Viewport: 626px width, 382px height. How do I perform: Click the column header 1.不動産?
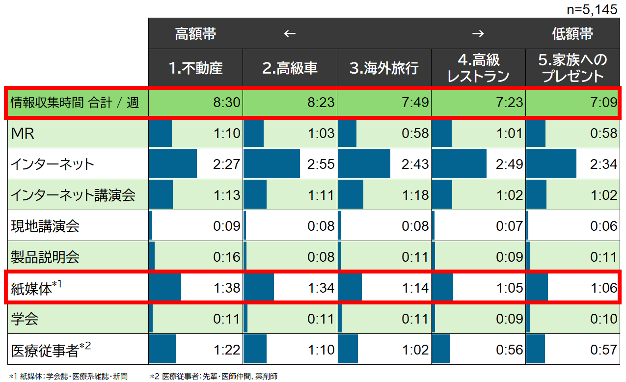coord(195,68)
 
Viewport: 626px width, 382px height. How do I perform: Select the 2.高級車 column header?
coord(290,68)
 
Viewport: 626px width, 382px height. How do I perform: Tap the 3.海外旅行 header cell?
coord(384,68)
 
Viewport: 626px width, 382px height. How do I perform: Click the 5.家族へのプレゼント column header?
coord(572,68)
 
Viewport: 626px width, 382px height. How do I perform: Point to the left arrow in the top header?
coord(290,33)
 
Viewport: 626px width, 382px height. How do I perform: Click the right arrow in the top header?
coord(478,33)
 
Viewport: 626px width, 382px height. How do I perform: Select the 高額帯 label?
coord(195,33)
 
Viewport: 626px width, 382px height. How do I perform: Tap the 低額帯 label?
coord(572,33)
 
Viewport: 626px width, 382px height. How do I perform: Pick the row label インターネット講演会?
coord(73,195)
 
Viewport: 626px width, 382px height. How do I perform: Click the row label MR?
coord(23,133)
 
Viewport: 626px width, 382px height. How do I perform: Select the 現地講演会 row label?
coord(45,226)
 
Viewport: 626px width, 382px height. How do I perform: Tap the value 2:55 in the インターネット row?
coord(321,164)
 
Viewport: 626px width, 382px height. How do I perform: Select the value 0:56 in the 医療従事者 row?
coord(510,350)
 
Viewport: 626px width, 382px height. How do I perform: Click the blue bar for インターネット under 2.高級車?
coord(272,164)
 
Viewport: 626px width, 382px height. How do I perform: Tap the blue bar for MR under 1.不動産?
coord(161,133)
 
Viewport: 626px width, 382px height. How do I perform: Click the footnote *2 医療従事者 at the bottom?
coord(214,377)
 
